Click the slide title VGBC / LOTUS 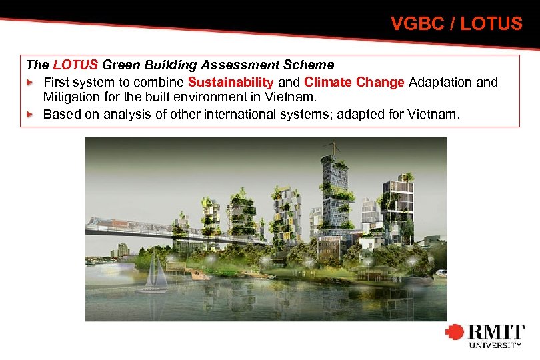point(456,24)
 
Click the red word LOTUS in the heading point(75,65)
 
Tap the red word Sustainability point(231,82)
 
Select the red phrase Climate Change point(354,82)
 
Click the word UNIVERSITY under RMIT point(495,345)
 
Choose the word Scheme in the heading point(310,65)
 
